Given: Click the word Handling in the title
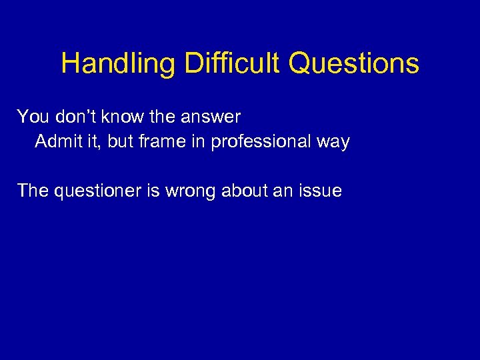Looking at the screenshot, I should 118,64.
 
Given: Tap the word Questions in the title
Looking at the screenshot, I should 353,64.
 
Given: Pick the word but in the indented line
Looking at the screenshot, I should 117,142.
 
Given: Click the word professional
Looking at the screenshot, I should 263,142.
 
